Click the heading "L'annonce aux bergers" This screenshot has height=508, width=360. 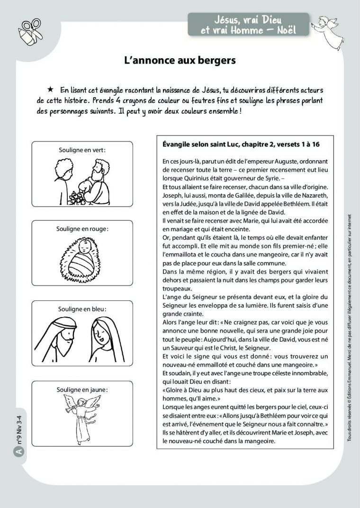pyautogui.click(x=180, y=61)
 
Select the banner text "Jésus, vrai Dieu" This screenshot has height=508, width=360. pyautogui.click(x=248, y=19)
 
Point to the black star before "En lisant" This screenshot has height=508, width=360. pyautogui.click(x=50, y=90)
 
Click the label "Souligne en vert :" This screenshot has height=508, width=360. pyautogui.click(x=82, y=150)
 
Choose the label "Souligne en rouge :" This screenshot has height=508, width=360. pyautogui.click(x=82, y=229)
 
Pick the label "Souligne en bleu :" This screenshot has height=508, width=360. pyautogui.click(x=82, y=309)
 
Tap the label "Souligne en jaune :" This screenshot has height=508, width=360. pyautogui.click(x=82, y=390)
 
